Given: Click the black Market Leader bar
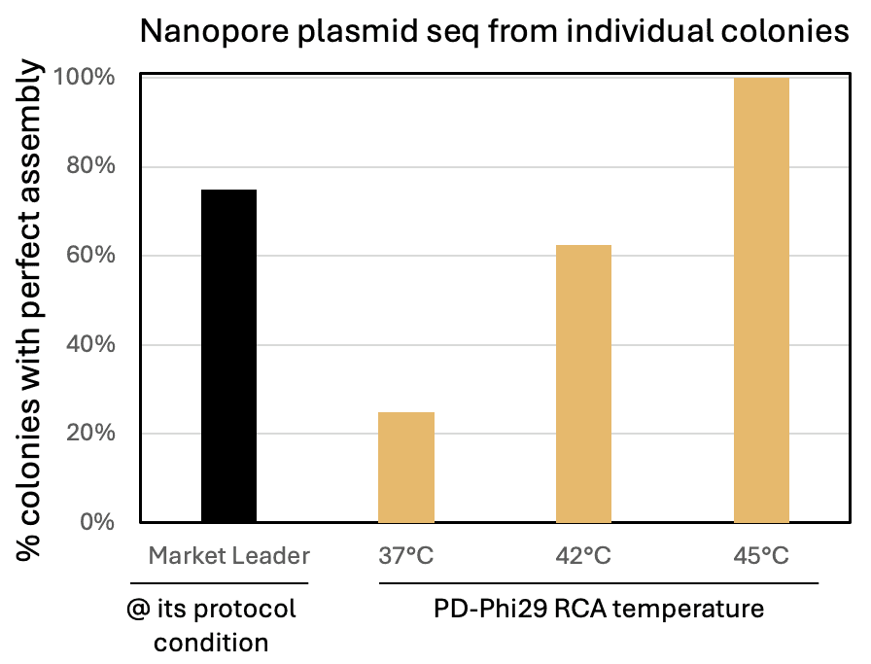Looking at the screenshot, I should [228, 356].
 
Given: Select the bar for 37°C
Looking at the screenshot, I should [406, 467].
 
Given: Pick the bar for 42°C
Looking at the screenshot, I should [583, 383].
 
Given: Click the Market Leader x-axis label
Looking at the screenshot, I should [228, 556].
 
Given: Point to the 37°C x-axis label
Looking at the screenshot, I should [406, 556].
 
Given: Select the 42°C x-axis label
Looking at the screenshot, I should [583, 556].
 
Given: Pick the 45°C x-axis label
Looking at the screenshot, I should [761, 556].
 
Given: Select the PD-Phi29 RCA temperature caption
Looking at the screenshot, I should [599, 610].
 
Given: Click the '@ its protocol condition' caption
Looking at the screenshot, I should [211, 626].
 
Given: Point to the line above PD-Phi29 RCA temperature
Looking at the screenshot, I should [599, 583].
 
